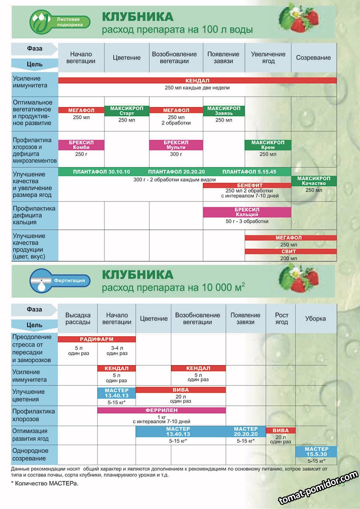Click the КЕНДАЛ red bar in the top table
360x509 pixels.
197,80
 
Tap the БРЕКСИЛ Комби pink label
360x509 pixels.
81,145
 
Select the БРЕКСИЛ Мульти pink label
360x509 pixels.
176,145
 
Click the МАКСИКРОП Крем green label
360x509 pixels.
268,145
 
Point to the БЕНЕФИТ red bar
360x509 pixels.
250,185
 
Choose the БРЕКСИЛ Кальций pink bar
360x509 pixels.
247,212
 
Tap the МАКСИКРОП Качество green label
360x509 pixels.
314,181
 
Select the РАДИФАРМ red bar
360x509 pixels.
97,339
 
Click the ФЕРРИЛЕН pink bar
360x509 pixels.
162,410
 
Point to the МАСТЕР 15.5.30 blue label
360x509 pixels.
316,451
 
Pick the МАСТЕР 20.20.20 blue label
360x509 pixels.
246,431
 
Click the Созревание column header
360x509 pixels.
313,58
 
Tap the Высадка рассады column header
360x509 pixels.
78,318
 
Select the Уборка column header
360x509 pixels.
315,318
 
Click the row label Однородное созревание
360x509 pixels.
30,455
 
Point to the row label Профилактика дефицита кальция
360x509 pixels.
34,215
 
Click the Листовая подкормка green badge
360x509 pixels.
60,22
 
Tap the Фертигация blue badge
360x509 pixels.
60,280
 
